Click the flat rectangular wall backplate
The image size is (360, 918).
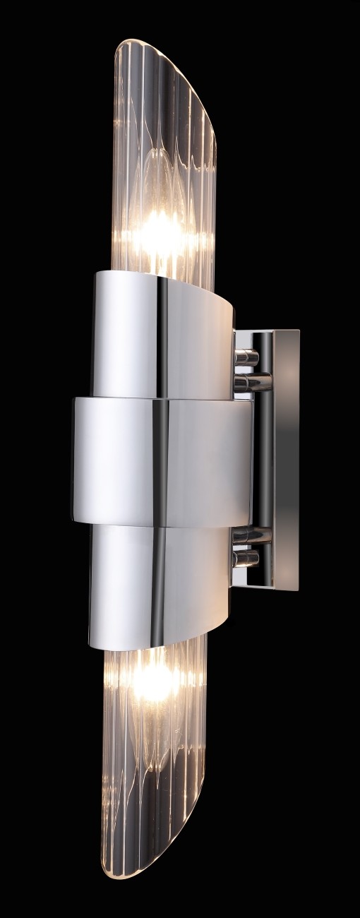pyautogui.click(x=287, y=459)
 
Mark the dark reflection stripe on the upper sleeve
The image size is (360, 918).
pyautogui.click(x=162, y=332)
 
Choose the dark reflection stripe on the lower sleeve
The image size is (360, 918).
pyautogui.click(x=162, y=586)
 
